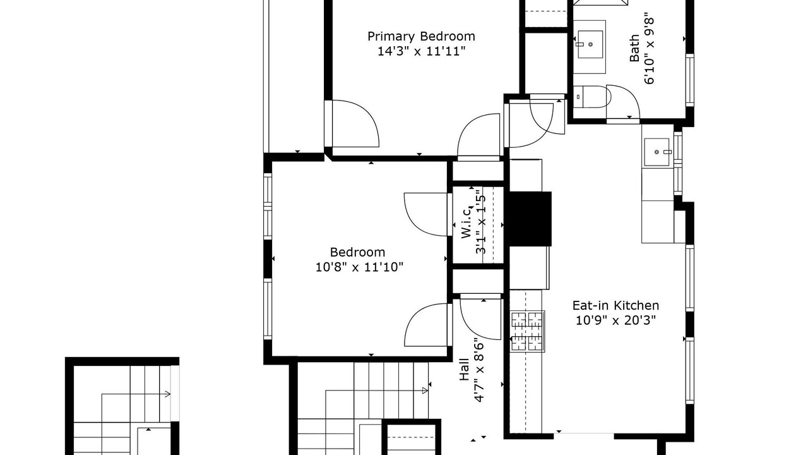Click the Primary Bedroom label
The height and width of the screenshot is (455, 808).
[x=421, y=37]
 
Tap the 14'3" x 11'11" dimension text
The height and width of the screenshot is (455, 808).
[x=421, y=51]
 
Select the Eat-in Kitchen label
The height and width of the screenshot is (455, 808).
[x=615, y=305]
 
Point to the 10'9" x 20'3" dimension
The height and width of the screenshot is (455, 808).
[x=615, y=320]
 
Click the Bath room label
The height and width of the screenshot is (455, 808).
[x=634, y=49]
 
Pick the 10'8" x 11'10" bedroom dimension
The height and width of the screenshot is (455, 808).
[x=359, y=267]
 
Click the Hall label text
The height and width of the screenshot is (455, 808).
[x=464, y=370]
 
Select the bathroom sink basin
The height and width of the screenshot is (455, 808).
[x=590, y=44]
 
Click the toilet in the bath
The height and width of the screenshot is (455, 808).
[x=591, y=97]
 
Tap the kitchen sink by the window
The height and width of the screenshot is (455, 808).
[x=657, y=152]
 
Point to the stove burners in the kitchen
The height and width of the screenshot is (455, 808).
[x=527, y=332]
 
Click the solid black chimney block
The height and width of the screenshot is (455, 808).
[x=530, y=219]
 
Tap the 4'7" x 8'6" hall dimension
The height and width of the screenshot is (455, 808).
[x=478, y=370]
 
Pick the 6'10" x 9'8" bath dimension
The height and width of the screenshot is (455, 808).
[x=649, y=51]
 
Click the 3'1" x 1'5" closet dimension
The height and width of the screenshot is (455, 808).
[x=481, y=224]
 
